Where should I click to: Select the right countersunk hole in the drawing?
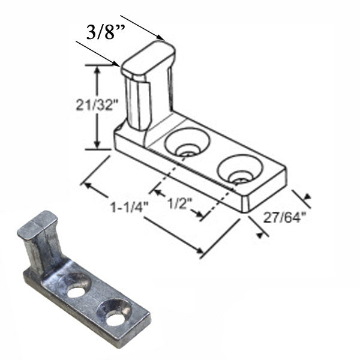(240, 170)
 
